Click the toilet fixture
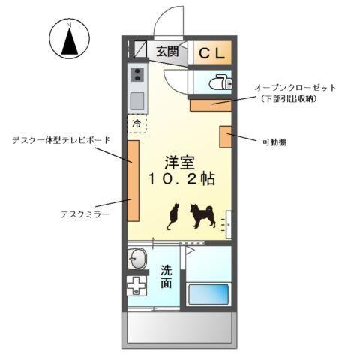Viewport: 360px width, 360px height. click(x=219, y=82)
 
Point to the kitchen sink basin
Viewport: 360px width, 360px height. click(x=137, y=100)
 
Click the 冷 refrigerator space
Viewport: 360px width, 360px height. click(x=137, y=123)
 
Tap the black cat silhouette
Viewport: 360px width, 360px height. click(x=173, y=216)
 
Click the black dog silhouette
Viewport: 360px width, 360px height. click(x=202, y=215)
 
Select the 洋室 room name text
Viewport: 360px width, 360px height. click(x=180, y=161)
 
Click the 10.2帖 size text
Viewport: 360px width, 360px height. click(x=180, y=180)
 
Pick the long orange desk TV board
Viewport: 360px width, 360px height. click(x=132, y=180)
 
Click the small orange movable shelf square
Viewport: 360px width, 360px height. click(x=225, y=137)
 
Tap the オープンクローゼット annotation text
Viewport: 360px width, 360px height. click(x=295, y=88)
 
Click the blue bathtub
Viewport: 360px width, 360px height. click(x=208, y=293)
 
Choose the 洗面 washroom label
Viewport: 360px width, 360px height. click(x=166, y=277)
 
